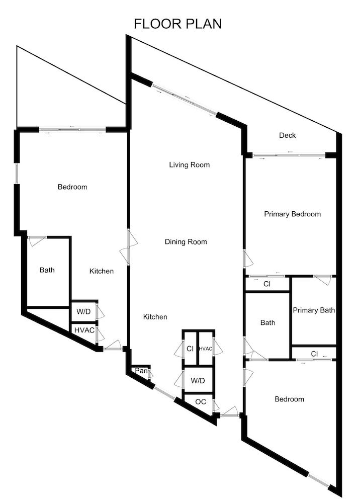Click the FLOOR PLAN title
click(x=177, y=24)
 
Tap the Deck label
click(x=287, y=135)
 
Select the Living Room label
click(x=190, y=165)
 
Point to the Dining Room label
click(x=186, y=242)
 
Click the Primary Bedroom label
click(x=292, y=214)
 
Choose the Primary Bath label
click(x=314, y=310)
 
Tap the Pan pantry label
click(x=141, y=371)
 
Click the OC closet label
click(x=201, y=401)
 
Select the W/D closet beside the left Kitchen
click(x=83, y=311)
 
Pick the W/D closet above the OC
click(x=198, y=380)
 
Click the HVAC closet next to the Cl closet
click(x=206, y=348)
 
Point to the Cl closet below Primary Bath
click(x=314, y=354)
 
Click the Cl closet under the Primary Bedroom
click(x=267, y=284)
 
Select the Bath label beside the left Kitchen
click(x=47, y=270)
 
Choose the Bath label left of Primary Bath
click(x=267, y=323)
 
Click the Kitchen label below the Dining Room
click(x=155, y=317)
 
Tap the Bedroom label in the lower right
click(x=290, y=399)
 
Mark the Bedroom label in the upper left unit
click(x=72, y=187)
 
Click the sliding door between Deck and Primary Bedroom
click(x=289, y=155)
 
